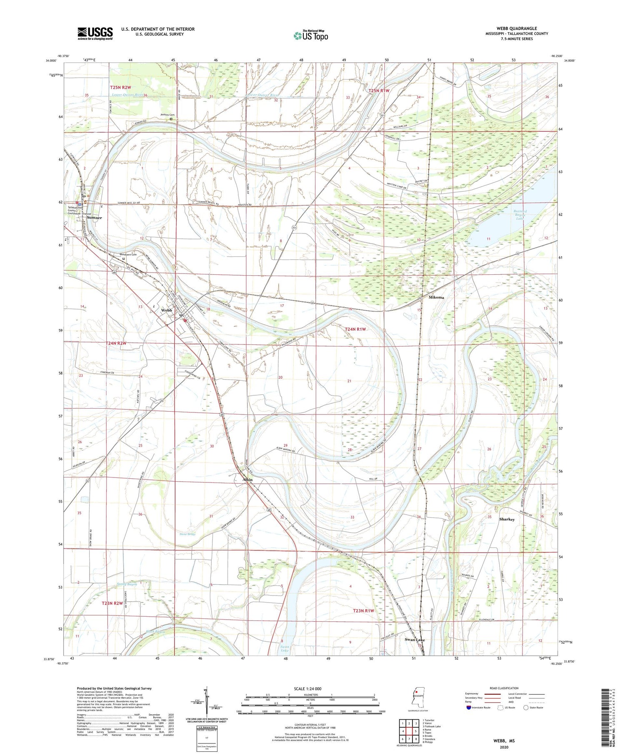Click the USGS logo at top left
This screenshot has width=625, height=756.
tap(95, 33)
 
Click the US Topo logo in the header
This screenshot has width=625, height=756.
tap(311, 36)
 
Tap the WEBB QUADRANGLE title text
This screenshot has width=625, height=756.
tap(516, 28)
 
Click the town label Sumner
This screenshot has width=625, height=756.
tap(94, 218)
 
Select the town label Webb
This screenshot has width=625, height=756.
tap(167, 310)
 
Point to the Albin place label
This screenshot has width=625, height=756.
tap(247, 480)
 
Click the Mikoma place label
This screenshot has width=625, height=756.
tap(436, 297)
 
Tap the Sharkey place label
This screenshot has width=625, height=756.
tap(507, 519)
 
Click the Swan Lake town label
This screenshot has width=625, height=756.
tap(415, 640)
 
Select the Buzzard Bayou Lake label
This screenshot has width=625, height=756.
tap(521, 215)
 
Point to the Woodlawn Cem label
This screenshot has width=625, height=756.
tap(128, 255)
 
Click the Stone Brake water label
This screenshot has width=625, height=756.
tap(187, 534)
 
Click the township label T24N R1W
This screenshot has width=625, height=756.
tap(355, 329)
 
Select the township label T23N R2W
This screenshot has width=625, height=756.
tap(112, 603)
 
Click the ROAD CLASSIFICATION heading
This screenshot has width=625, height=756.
tap(504, 688)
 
